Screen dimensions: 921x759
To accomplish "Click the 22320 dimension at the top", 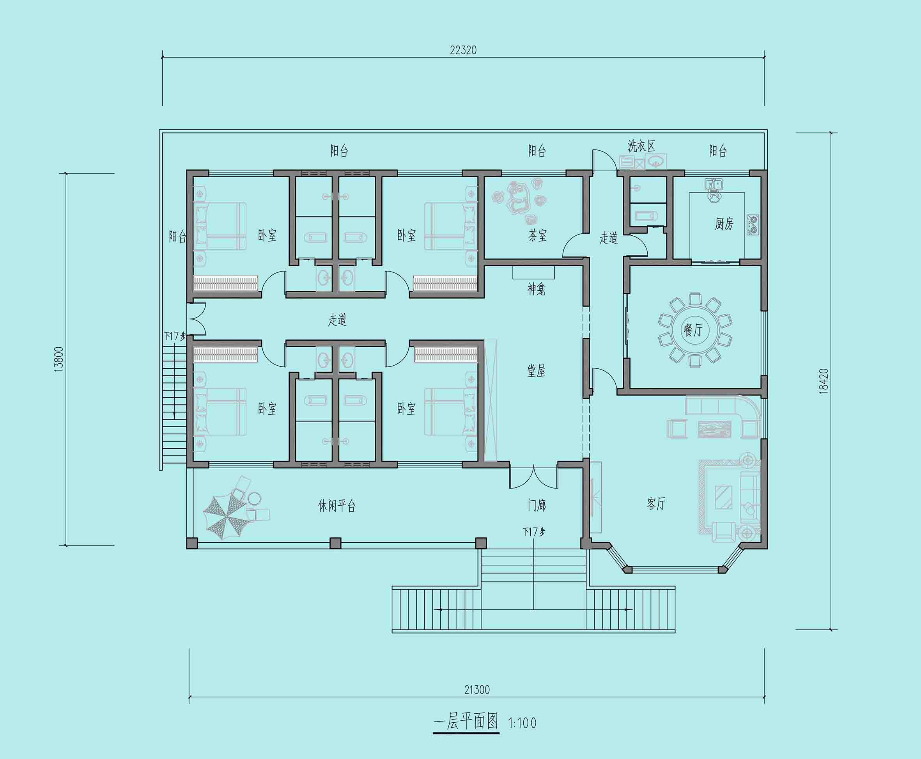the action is pos(463,50).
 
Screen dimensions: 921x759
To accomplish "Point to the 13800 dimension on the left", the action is pos(59,359).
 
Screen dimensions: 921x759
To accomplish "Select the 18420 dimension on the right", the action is pos(824,381).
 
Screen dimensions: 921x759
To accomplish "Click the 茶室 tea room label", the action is pos(537,236).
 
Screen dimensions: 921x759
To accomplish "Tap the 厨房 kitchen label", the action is pos(724,224).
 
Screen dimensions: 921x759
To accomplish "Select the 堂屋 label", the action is pos(536,371).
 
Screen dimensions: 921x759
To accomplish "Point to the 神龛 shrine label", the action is pos(537,289).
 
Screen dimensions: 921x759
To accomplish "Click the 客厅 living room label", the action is pos(656,504).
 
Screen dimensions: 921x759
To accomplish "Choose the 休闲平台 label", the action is pos(337,506).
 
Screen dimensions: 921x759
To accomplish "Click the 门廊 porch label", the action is pos(537,505).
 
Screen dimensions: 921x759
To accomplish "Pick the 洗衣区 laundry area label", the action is pos(641,146).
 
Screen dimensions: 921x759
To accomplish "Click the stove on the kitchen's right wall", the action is pos(753,225).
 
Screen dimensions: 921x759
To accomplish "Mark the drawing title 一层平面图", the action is pos(466,721).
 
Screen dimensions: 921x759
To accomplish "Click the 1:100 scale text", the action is pos(522,723).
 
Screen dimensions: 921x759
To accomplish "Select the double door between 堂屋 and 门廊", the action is pos(533,476).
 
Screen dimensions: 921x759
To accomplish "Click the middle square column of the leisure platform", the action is pos(335,543).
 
